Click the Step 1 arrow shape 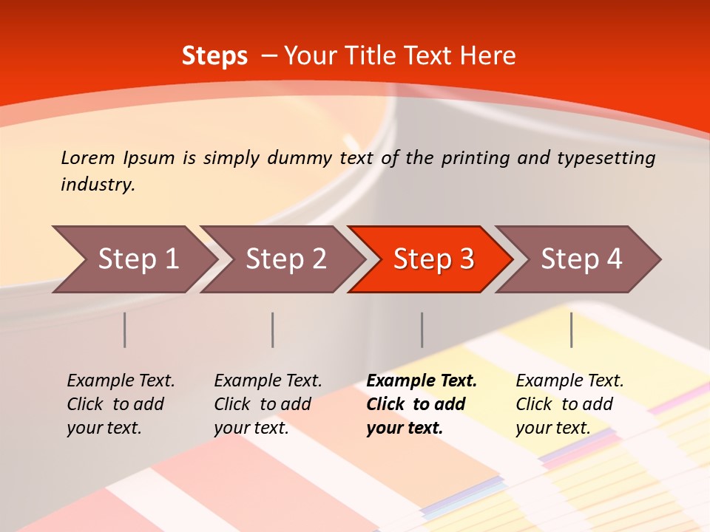133,259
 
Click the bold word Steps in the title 214,55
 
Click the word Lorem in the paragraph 87,157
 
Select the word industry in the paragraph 98,184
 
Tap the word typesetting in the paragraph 606,157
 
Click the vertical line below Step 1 125,330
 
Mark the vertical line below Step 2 273,330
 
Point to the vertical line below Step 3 422,330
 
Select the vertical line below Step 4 572,330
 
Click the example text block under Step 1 120,404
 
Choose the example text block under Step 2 267,404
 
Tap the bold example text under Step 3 421,404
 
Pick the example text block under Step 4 569,404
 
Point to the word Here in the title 488,55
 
